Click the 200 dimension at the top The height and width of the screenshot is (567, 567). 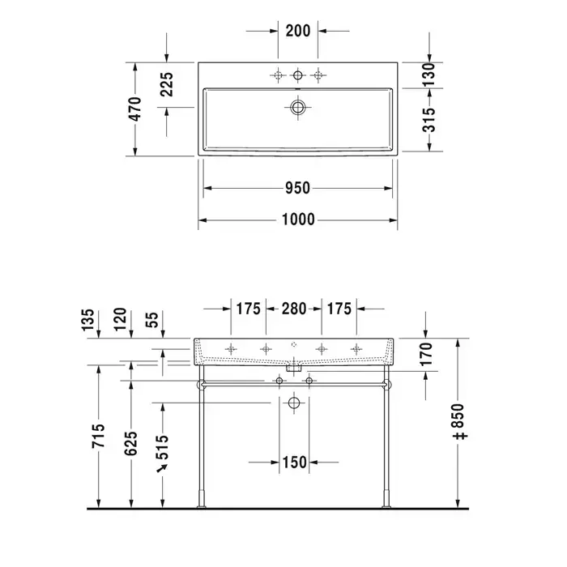tap(298, 31)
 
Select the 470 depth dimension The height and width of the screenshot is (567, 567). tap(135, 109)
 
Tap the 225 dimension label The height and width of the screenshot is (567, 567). tap(167, 84)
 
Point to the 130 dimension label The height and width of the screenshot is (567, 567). tap(428, 75)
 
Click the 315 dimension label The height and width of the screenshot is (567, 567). tap(429, 120)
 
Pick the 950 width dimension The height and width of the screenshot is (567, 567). tap(297, 188)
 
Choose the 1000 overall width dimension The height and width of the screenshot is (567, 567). tap(298, 220)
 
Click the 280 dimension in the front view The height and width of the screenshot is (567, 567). tap(294, 309)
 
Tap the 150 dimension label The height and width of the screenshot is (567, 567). tap(294, 463)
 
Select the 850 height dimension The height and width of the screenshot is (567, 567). tap(459, 422)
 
